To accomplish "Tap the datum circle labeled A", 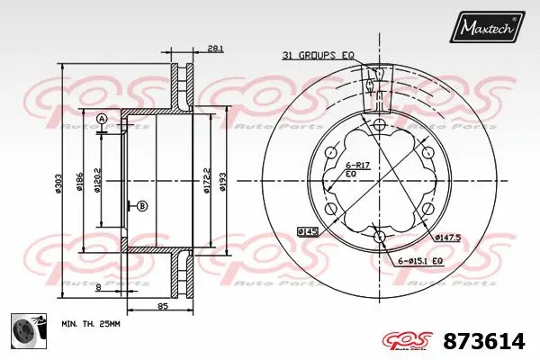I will (102, 120).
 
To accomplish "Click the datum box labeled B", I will (141, 206).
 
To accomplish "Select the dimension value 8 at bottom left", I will (97, 287).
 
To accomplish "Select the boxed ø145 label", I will (308, 232).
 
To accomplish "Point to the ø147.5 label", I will (447, 238).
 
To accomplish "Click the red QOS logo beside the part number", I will (409, 339).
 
